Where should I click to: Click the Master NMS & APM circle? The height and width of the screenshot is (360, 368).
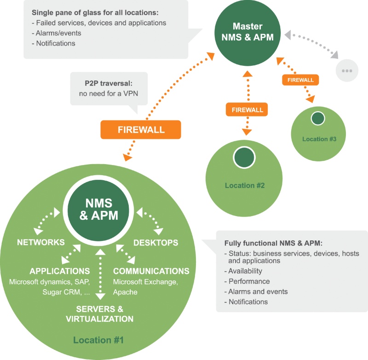click(x=247, y=33)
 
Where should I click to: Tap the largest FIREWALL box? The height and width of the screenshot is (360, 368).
click(x=141, y=130)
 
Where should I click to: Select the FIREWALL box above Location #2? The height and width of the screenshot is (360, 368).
click(x=247, y=109)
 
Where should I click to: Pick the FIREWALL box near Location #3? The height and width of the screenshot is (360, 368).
click(x=300, y=80)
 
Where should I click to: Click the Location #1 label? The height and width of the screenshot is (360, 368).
click(x=98, y=340)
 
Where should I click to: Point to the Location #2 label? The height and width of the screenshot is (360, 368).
click(x=245, y=185)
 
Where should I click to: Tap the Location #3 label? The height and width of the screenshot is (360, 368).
click(x=319, y=139)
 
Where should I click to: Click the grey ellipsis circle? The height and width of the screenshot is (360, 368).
click(x=347, y=71)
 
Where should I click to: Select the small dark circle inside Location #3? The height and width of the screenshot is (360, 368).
click(x=318, y=119)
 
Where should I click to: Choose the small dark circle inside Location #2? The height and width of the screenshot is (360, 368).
click(x=244, y=158)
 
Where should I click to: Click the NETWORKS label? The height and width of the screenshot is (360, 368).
click(x=41, y=242)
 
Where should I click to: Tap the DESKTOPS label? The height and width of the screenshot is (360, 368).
click(x=156, y=243)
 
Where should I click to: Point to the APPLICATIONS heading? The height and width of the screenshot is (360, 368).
click(x=60, y=271)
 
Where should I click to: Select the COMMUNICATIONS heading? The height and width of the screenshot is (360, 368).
click(x=151, y=271)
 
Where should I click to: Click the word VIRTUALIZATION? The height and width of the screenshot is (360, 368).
click(x=99, y=319)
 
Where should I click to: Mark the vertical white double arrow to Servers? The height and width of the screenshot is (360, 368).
click(x=100, y=274)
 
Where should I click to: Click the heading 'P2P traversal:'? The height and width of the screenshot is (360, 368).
click(x=109, y=83)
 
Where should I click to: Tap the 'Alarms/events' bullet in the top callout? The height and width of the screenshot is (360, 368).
click(x=57, y=33)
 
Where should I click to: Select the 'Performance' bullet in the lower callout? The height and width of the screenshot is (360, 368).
click(x=247, y=281)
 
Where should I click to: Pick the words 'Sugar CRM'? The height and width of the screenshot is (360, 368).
click(x=62, y=292)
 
